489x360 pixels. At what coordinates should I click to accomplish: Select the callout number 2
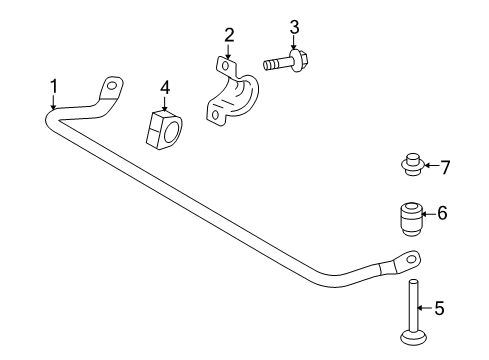tap(229, 35)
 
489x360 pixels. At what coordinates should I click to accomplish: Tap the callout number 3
tap(295, 27)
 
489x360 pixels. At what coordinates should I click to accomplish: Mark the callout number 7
tap(446, 166)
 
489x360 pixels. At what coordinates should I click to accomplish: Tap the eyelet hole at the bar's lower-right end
tap(409, 258)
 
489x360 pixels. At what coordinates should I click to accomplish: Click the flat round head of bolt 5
tap(412, 336)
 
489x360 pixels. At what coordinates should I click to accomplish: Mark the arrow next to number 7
tap(429, 166)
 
